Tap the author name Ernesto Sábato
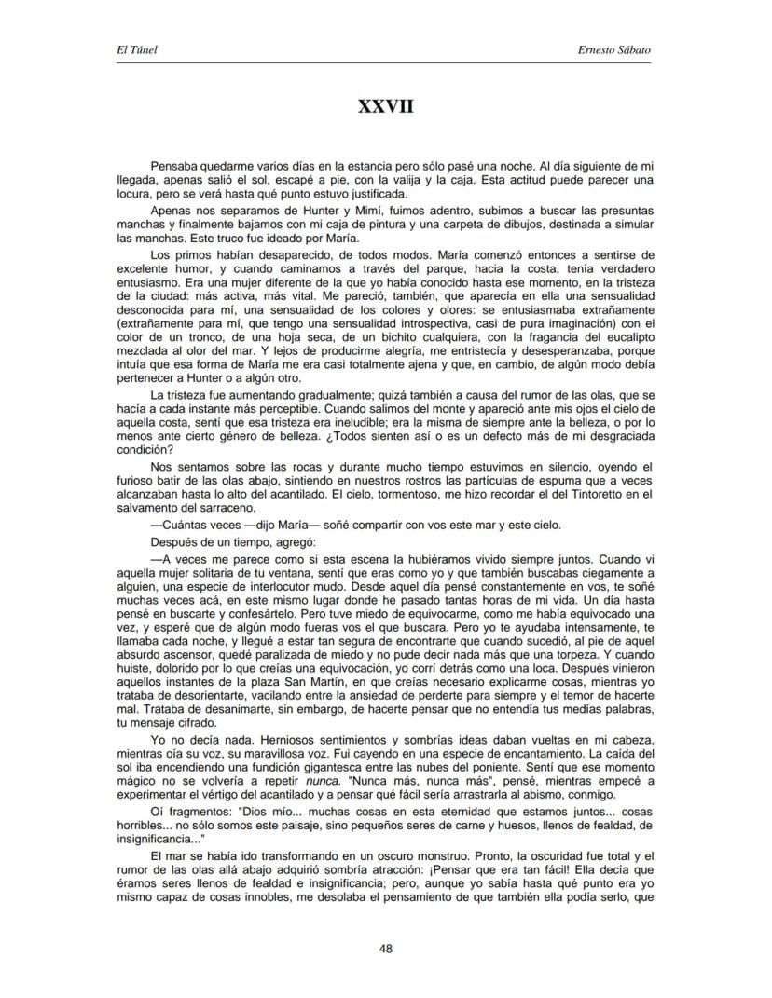click(614, 49)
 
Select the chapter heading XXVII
click(385, 108)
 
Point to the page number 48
click(385, 949)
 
